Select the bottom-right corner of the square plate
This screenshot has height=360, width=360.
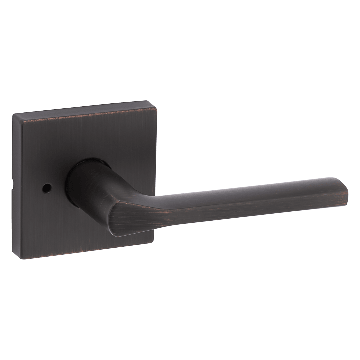(x=154, y=239)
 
